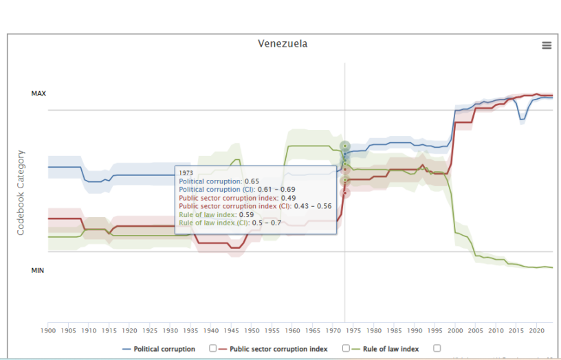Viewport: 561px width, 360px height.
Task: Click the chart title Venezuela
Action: pyautogui.click(x=283, y=44)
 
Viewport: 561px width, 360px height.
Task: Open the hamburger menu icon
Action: pyautogui.click(x=547, y=45)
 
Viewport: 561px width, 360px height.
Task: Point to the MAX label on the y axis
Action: pyautogui.click(x=38, y=93)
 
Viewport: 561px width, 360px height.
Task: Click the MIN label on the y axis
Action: pyautogui.click(x=38, y=271)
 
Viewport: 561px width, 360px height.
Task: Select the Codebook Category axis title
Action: pyautogui.click(x=21, y=193)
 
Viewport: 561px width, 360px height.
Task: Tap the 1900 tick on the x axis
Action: pyautogui.click(x=48, y=330)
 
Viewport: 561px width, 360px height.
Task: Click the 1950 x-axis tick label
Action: pyautogui.click(x=251, y=330)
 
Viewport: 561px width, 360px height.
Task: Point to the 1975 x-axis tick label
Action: pyautogui.click(x=353, y=330)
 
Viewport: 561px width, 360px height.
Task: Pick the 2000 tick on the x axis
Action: pyautogui.click(x=454, y=330)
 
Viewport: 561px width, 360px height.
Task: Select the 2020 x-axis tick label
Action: pyautogui.click(x=536, y=330)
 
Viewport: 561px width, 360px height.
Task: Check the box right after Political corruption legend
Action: pyautogui.click(x=212, y=348)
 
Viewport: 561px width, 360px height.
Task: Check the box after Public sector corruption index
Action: pyautogui.click(x=346, y=348)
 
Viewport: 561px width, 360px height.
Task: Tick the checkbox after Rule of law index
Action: pyautogui.click(x=437, y=348)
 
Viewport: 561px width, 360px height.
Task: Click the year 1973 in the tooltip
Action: pyautogui.click(x=186, y=173)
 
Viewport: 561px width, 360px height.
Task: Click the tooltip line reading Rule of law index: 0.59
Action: pyautogui.click(x=216, y=214)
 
